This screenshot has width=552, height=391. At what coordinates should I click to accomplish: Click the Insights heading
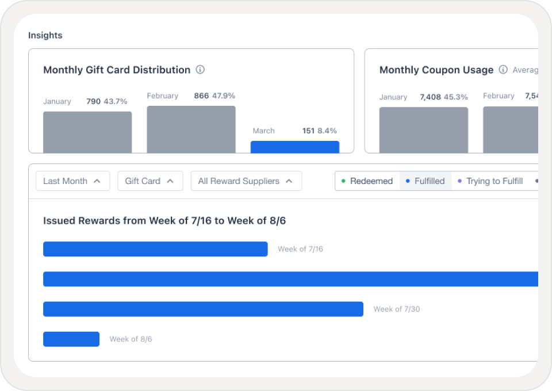[45, 36]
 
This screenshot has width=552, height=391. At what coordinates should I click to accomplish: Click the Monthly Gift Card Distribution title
[117, 70]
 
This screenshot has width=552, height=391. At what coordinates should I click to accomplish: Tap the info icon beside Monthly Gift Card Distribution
[200, 70]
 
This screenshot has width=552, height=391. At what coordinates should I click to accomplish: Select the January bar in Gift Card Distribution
[87, 132]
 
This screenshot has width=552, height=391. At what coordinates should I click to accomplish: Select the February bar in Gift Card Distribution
[191, 129]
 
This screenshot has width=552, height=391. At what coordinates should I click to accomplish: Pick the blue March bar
[295, 147]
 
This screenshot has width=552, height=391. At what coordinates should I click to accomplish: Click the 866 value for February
[201, 96]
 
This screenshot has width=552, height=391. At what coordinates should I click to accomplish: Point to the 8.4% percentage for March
[327, 131]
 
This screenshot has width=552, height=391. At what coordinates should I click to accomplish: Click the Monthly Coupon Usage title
[436, 70]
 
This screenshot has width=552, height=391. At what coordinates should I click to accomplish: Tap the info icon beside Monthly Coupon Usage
[503, 70]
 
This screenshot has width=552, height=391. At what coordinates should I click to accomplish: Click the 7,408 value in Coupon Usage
[430, 97]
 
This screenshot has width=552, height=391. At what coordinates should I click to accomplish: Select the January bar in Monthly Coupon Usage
[423, 131]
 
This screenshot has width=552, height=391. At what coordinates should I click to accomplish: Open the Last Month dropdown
[72, 181]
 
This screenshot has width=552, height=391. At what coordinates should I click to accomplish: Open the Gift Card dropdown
[150, 181]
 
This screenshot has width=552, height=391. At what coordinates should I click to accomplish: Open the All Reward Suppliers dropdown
[246, 181]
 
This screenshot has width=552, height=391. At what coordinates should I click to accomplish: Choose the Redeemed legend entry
[367, 181]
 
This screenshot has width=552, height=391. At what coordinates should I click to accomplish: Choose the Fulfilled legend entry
[425, 181]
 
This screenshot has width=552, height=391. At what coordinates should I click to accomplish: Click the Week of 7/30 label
[397, 309]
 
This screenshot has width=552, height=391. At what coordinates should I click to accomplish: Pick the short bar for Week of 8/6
[71, 339]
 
